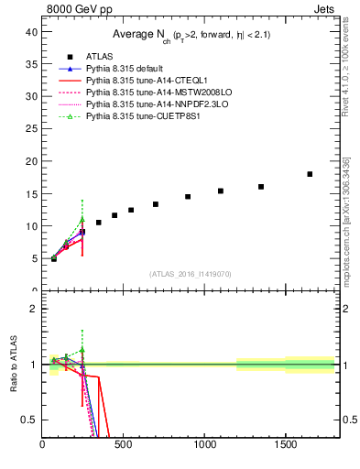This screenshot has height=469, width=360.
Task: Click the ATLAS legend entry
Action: pyautogui.click(x=98, y=58)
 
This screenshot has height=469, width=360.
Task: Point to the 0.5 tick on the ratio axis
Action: pyautogui.click(x=28, y=420)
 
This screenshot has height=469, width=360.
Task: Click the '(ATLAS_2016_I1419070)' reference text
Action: pyautogui.click(x=191, y=273)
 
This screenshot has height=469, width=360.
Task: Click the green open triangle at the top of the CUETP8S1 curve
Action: pyautogui.click(x=82, y=219)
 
